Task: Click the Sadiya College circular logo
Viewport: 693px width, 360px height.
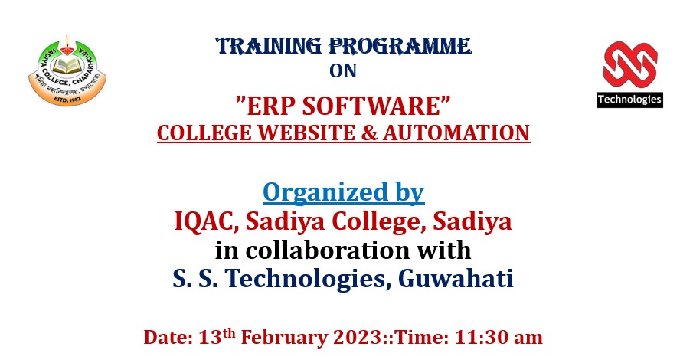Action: pyautogui.click(x=67, y=70)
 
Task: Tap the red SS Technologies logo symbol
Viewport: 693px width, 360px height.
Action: pyautogui.click(x=629, y=65)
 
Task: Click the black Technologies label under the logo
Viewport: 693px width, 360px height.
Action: pyautogui.click(x=629, y=100)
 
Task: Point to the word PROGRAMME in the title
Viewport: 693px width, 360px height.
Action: pyautogui.click(x=400, y=46)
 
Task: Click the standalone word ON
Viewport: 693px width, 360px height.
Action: pyautogui.click(x=343, y=71)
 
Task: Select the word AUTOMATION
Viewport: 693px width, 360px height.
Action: pyautogui.click(x=456, y=133)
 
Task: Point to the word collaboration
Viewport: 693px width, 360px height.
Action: pyautogui.click(x=327, y=250)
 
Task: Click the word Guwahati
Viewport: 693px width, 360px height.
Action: pyautogui.click(x=456, y=279)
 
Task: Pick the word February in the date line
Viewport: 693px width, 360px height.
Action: pyautogui.click(x=284, y=338)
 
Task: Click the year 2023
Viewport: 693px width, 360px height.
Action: pyautogui.click(x=358, y=338)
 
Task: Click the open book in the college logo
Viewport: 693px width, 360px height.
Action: pyautogui.click(x=67, y=65)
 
